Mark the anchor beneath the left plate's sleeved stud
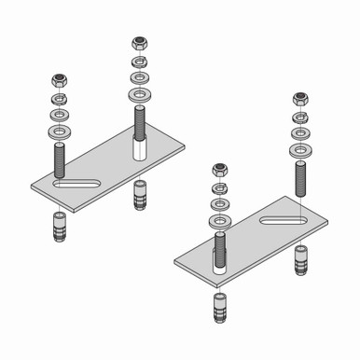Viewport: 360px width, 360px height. [x=139, y=197]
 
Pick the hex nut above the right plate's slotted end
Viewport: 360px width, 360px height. [x=300, y=99]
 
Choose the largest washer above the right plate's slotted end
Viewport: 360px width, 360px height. [x=300, y=148]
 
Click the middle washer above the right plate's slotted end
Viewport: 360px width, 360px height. [x=300, y=132]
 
